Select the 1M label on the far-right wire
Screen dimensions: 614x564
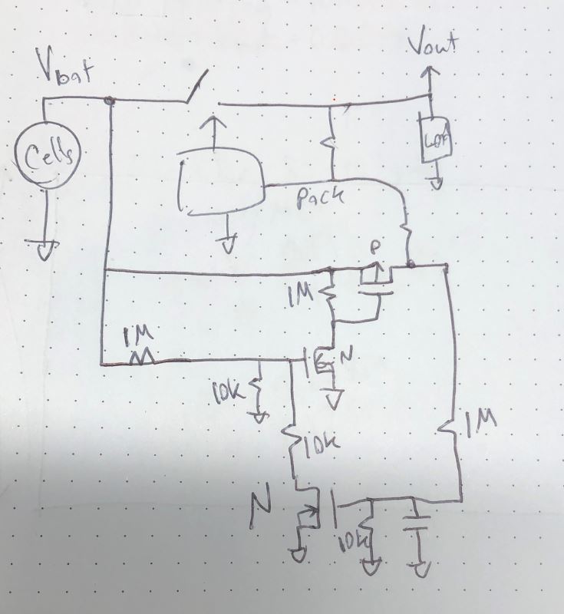pyautogui.click(x=480, y=421)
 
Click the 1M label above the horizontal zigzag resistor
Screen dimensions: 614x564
pyautogui.click(x=140, y=335)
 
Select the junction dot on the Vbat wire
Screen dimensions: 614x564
pyautogui.click(x=110, y=100)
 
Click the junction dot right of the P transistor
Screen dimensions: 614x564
pyautogui.click(x=411, y=266)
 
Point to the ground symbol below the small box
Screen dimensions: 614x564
pyautogui.click(x=435, y=183)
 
